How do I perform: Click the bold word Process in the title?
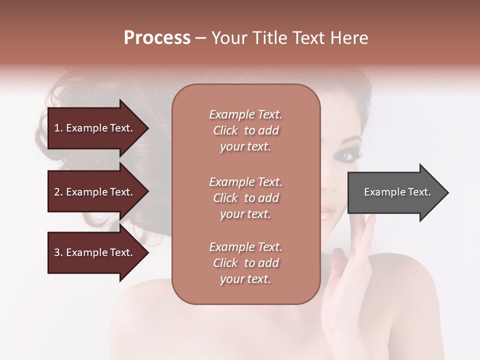click(x=157, y=38)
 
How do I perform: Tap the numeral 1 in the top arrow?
click(x=56, y=128)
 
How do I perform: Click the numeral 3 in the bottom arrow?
click(x=57, y=252)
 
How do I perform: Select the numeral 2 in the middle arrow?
click(x=57, y=192)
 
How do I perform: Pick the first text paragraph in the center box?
click(x=245, y=130)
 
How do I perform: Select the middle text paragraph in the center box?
click(x=245, y=198)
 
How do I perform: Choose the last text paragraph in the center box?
click(x=245, y=263)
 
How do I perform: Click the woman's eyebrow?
click(x=350, y=139)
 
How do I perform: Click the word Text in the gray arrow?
click(x=419, y=192)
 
